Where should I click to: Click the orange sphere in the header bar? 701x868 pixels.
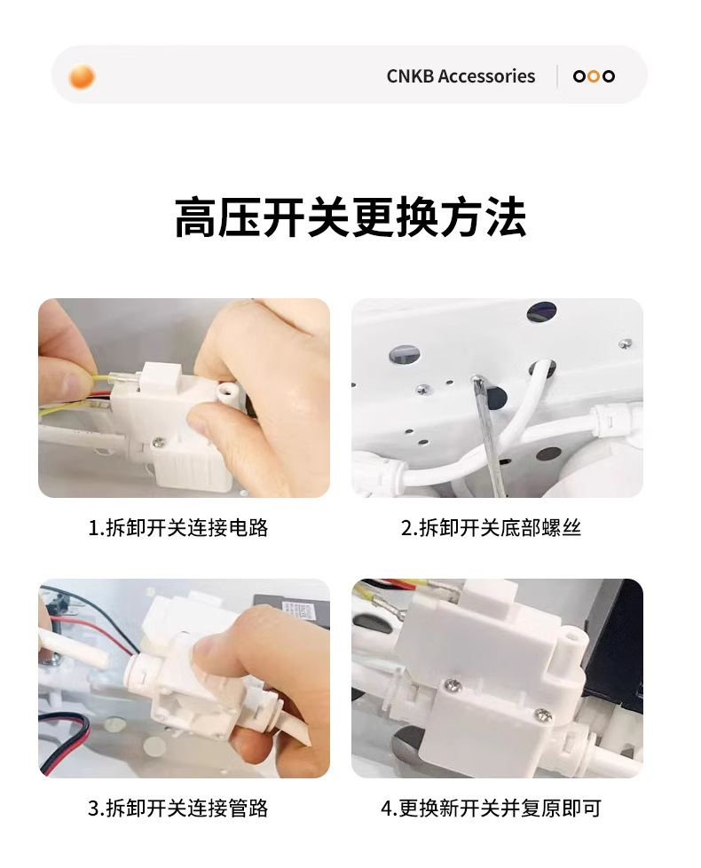(x=82, y=77)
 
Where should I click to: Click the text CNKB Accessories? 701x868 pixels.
(x=461, y=75)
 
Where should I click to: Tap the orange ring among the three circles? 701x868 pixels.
(x=594, y=76)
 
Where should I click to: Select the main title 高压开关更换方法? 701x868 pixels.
(x=350, y=217)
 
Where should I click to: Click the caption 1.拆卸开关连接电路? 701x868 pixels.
(x=178, y=527)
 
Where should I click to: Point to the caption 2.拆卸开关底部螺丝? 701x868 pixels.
(x=491, y=527)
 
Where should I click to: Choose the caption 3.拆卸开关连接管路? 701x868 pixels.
(x=178, y=809)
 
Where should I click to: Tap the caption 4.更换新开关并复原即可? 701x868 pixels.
(x=491, y=809)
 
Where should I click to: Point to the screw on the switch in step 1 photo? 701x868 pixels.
(x=160, y=442)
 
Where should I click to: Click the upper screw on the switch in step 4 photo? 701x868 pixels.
(x=454, y=686)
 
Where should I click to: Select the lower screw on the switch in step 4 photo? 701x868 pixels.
(x=542, y=716)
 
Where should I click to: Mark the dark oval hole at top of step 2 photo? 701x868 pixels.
(x=541, y=312)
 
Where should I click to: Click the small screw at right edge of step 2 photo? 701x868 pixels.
(x=626, y=343)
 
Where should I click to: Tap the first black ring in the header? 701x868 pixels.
(x=579, y=76)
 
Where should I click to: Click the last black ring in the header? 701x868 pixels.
(x=609, y=76)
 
